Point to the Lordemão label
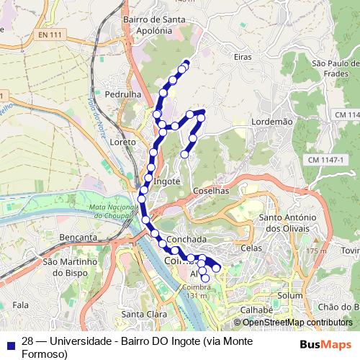(x=272, y=122)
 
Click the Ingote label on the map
(x=166, y=181)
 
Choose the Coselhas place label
(x=211, y=191)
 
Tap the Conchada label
(x=186, y=239)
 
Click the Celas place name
(x=251, y=248)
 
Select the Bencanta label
(x=79, y=237)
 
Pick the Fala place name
(x=21, y=306)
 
